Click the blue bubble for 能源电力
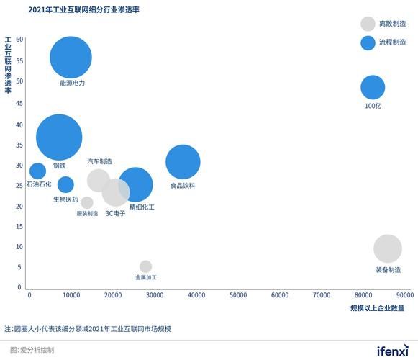tap(71, 58)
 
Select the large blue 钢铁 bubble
tap(59, 137)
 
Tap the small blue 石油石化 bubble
tap(37, 171)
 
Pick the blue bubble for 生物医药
tap(65, 184)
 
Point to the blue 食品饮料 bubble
tap(183, 162)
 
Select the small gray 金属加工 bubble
tap(145, 266)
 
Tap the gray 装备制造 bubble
tap(388, 248)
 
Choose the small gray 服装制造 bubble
tap(87, 203)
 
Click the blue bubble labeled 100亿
tap(373, 87)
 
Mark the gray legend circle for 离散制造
tap(368, 24)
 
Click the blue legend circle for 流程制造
tap(368, 43)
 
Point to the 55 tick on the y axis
tap(19, 61)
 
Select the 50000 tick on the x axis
tap(238, 295)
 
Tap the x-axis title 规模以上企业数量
tap(377, 308)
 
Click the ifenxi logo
tap(392, 351)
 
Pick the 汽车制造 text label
tap(99, 161)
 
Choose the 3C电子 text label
tap(115, 213)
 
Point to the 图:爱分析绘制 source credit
tap(32, 350)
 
